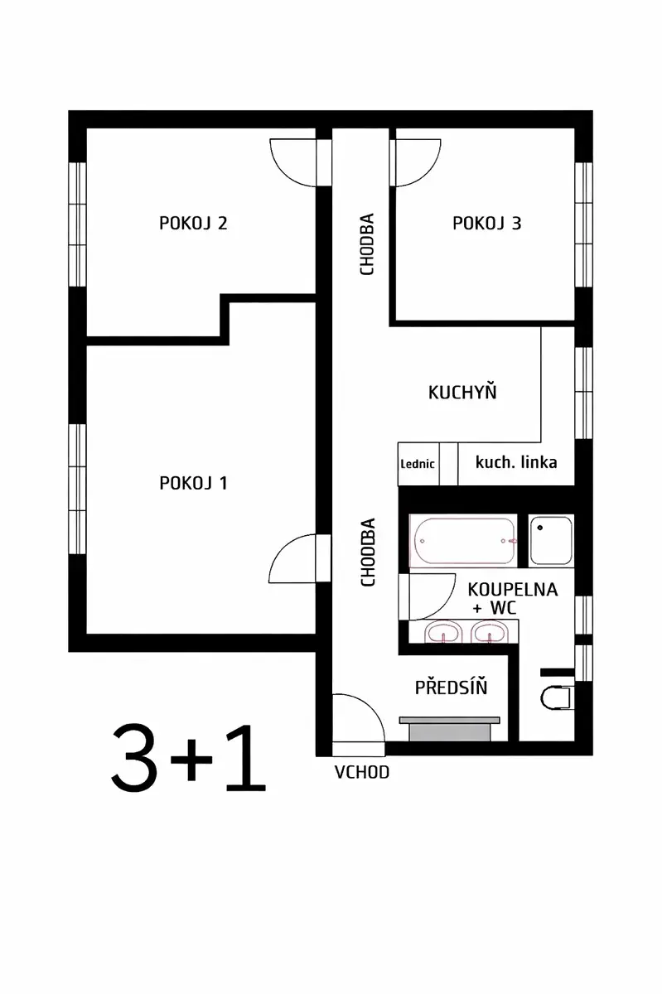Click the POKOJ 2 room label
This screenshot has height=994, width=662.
(193, 223)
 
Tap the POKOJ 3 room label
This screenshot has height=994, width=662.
(486, 223)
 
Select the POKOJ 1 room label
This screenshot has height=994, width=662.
(193, 483)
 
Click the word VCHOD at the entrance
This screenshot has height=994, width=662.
(362, 773)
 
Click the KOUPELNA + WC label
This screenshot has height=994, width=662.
(513, 599)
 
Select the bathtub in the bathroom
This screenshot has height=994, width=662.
(463, 541)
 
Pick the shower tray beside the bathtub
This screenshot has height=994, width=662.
(551, 540)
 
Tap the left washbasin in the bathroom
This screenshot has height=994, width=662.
(442, 632)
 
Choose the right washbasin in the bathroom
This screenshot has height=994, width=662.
(489, 632)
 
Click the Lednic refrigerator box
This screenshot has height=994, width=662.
(418, 464)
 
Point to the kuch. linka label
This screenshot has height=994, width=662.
(516, 462)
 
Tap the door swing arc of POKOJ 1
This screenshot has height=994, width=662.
(284, 550)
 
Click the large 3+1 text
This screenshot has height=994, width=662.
(188, 759)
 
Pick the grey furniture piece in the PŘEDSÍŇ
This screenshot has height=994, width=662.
(449, 729)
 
